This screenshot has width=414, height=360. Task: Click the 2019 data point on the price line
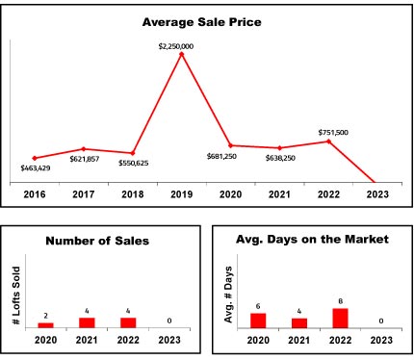click(x=182, y=54)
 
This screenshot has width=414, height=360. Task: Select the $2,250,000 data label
click(x=176, y=46)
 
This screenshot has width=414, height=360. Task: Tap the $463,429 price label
click(x=36, y=167)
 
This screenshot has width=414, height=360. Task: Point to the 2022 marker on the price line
click(x=328, y=141)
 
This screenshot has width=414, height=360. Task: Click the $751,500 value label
click(x=333, y=133)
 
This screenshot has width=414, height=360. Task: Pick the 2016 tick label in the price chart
click(x=35, y=194)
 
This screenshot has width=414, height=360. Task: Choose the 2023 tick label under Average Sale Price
click(x=377, y=194)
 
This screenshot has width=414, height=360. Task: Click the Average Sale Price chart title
click(x=202, y=22)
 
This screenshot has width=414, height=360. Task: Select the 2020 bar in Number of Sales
click(x=46, y=325)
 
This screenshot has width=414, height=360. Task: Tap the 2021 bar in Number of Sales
click(x=87, y=322)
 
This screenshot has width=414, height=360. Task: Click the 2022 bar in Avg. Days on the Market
click(x=340, y=319)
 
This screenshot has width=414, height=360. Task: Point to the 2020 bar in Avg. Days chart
click(x=258, y=321)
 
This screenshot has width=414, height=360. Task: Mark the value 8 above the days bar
click(x=340, y=301)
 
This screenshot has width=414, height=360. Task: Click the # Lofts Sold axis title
click(x=16, y=296)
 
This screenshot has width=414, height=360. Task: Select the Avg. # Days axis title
click(x=228, y=295)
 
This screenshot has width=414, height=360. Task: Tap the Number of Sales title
click(x=97, y=241)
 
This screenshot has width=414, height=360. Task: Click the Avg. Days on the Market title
click(x=312, y=240)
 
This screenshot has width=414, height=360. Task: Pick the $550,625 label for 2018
click(x=134, y=163)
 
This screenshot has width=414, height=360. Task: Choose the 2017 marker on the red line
click(x=84, y=149)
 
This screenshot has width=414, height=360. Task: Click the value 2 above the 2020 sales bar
click(x=46, y=316)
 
